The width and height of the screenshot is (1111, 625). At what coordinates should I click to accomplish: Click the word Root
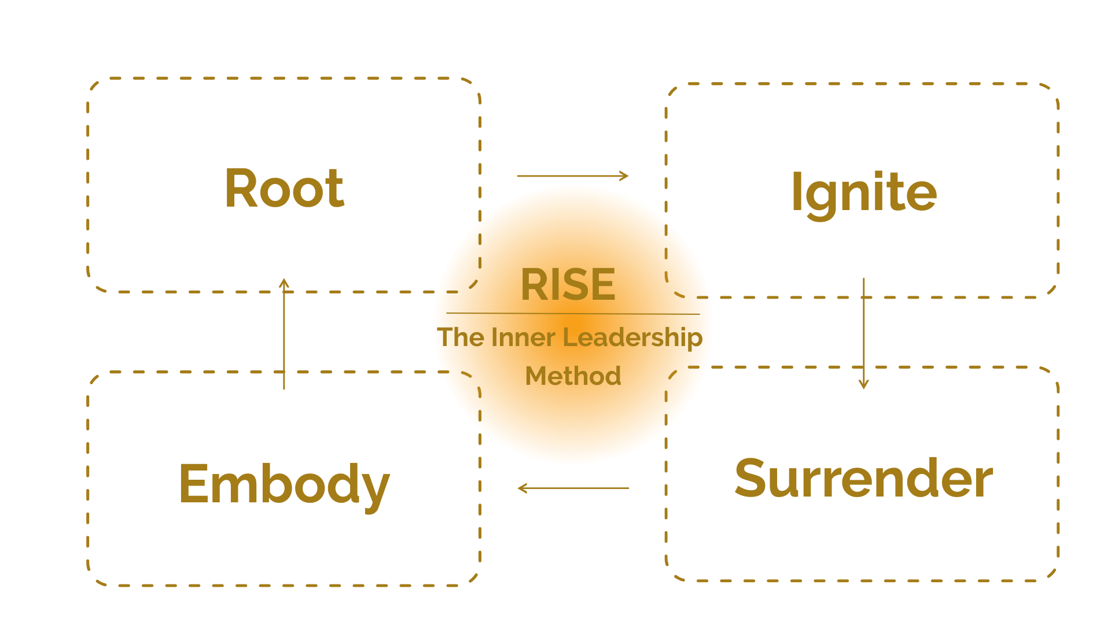pyautogui.click(x=284, y=188)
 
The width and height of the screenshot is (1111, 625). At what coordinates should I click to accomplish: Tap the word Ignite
pyautogui.click(x=863, y=193)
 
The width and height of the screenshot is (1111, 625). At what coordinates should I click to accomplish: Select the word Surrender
pyautogui.click(x=863, y=478)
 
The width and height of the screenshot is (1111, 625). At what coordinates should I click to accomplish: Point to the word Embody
pyautogui.click(x=284, y=484)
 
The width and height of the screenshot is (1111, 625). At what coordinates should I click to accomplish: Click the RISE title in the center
pyautogui.click(x=568, y=285)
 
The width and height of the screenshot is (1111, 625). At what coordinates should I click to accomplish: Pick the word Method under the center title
pyautogui.click(x=573, y=376)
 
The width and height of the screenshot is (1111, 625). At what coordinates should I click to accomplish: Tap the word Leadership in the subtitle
pyautogui.click(x=632, y=337)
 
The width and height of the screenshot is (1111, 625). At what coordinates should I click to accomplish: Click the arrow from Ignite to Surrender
pyautogui.click(x=863, y=333)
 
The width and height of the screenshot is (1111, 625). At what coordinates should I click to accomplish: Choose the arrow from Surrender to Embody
pyautogui.click(x=573, y=488)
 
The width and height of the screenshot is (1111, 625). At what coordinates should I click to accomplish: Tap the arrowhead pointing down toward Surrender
pyautogui.click(x=863, y=385)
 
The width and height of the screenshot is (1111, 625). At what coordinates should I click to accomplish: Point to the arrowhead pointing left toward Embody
pyautogui.click(x=521, y=488)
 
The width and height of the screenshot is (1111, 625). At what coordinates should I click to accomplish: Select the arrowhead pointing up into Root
pyautogui.click(x=284, y=282)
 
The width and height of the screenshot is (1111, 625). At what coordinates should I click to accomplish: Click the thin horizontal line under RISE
pyautogui.click(x=573, y=314)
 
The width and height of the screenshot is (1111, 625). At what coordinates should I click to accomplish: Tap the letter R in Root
pyautogui.click(x=240, y=188)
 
